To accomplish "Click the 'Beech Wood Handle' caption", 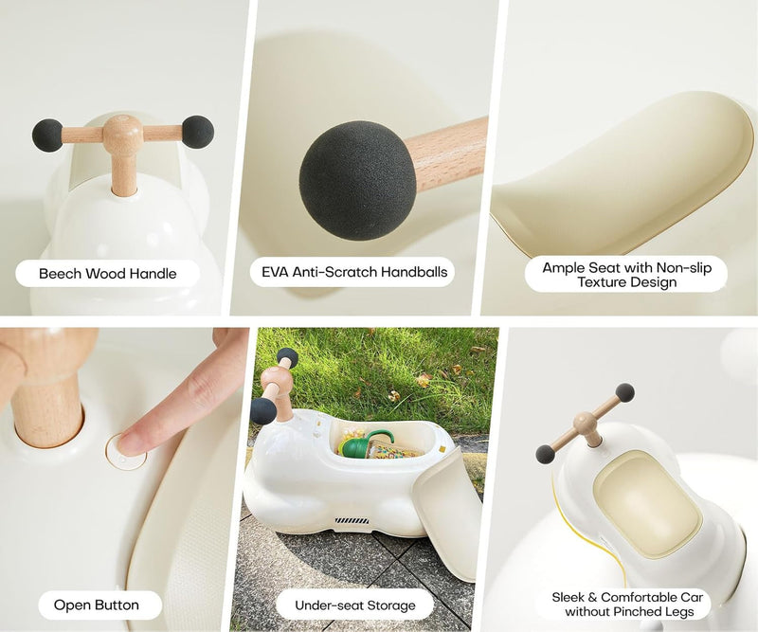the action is coord(107,274).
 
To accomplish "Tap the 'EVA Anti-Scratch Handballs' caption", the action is coord(354,272).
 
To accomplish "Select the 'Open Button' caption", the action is coord(97,605).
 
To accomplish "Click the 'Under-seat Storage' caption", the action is coord(354,605).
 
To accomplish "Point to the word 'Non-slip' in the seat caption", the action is coord(684,268).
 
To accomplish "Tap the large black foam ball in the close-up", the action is coord(358,180).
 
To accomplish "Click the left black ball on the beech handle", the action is coord(47,135).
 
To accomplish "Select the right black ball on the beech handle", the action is coord(198,132).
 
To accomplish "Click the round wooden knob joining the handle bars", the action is coord(123,132).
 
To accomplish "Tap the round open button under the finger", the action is coord(126,451).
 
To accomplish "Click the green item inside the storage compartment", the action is coord(366,442).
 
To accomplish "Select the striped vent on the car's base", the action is coord(352,521).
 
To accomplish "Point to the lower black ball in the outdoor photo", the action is coord(263,411).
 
